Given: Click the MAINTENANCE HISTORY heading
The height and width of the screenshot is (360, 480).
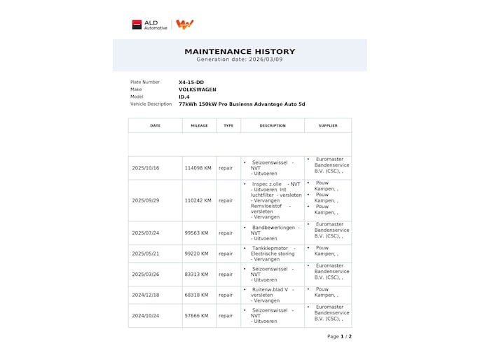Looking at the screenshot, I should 240,51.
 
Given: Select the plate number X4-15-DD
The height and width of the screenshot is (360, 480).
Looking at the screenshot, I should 191,82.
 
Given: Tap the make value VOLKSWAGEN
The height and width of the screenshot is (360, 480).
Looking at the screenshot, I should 198,90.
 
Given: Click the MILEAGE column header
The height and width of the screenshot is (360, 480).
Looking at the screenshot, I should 199,126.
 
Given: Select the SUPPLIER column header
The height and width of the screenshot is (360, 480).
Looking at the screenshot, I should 328,126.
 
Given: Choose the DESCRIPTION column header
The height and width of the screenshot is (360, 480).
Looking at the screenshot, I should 273,126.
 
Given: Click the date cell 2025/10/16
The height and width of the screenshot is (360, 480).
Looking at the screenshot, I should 146,168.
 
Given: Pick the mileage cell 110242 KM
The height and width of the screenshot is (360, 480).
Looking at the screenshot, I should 198,200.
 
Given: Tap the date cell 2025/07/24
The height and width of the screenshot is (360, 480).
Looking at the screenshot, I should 146,233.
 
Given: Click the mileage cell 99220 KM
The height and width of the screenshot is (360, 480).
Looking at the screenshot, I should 198,254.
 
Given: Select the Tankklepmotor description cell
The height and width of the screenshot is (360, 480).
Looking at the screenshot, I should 273,254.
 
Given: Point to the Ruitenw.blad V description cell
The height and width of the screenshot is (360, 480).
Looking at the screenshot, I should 273,295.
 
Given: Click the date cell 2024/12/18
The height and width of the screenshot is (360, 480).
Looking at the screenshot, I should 146,295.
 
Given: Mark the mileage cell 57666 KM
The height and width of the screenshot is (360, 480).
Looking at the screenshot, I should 198,316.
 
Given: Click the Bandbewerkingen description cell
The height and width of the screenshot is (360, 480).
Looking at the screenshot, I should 273,233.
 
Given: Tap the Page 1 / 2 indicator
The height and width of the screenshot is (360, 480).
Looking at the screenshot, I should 339,336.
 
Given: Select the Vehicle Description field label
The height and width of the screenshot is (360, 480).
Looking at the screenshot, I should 151,104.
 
